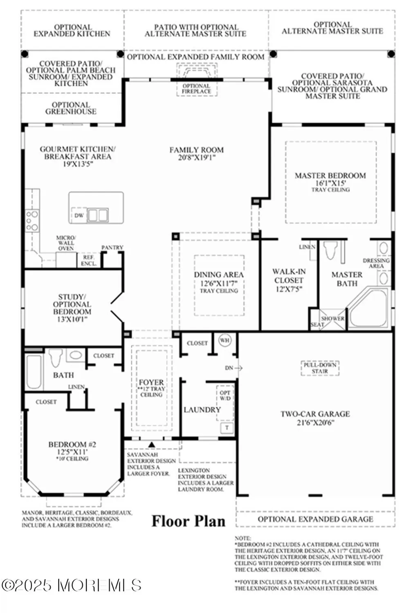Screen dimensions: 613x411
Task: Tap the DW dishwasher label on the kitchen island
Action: coord(79,215)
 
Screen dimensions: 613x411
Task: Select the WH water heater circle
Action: coord(225,340)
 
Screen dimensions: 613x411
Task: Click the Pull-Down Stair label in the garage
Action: coord(320,368)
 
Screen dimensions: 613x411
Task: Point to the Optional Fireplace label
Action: coord(196,89)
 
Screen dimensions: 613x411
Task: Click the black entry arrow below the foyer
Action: coord(152,445)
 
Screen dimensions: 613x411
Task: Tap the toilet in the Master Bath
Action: coord(330,250)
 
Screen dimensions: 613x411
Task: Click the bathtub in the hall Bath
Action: coord(34,371)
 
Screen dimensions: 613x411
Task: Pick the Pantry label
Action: coord(112,248)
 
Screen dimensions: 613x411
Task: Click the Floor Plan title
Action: coord(189,521)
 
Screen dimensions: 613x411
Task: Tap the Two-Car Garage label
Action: coord(315,414)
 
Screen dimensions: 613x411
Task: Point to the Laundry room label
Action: coord(202,409)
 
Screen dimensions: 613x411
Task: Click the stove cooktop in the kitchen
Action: coord(32,221)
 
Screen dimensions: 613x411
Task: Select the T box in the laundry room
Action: coord(227,428)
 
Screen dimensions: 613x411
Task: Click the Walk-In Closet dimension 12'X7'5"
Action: coord(288,289)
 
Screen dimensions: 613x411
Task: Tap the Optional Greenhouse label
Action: coord(71,108)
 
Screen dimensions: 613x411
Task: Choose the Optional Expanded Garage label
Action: coord(315,519)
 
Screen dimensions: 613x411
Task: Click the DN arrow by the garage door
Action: coord(234,368)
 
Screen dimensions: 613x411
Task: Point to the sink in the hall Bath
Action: coord(75,355)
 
